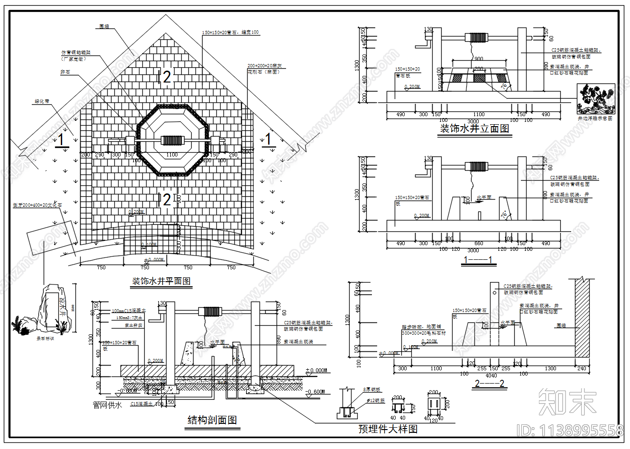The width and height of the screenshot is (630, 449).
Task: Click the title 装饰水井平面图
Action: click(161, 281)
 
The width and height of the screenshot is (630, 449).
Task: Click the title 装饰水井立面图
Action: click(474, 128)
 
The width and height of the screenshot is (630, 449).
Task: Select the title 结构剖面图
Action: click(212, 420)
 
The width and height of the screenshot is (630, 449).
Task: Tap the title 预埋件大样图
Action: click(388, 429)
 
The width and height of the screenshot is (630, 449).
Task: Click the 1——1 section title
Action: click(478, 260)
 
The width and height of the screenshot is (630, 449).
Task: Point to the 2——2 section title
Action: click(489, 384)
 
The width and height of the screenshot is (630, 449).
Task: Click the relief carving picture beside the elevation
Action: click(594, 100)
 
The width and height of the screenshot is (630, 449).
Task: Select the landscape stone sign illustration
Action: click(47, 309)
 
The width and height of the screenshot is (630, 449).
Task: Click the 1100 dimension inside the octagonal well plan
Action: click(172, 155)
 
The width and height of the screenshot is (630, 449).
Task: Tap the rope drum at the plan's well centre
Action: click(171, 140)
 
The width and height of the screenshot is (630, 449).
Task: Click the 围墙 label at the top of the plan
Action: click(104, 27)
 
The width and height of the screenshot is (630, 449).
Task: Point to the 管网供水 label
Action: click(107, 405)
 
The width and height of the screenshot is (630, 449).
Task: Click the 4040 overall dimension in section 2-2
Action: click(491, 375)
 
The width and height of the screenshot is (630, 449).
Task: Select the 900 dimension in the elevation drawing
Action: click(478, 59)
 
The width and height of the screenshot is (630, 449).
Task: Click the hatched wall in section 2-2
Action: click(582, 318)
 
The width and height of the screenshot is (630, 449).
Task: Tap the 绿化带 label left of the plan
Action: click(41, 101)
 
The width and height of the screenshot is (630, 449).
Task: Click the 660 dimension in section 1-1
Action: click(479, 244)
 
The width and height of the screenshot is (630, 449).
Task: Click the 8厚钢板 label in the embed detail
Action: click(372, 390)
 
